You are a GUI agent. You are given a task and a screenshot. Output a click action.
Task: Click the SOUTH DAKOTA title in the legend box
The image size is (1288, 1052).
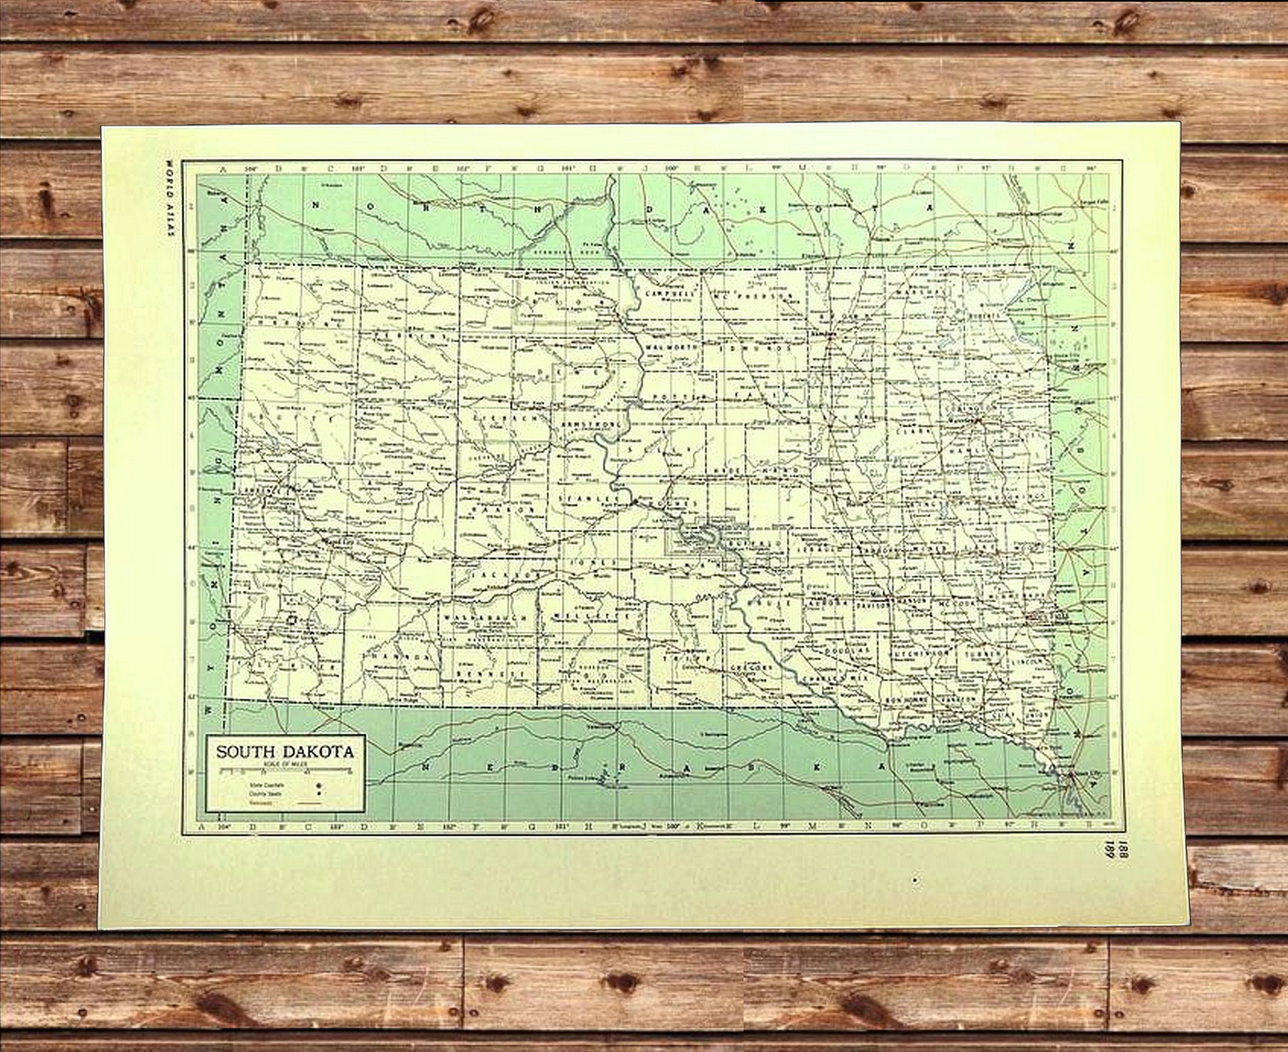[285, 752]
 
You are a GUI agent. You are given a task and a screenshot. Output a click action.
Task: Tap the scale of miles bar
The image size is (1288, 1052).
[285, 771]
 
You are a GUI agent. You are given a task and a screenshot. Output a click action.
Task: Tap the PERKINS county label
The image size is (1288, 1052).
[410, 336]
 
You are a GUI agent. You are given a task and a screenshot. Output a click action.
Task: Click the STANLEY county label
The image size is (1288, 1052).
[582, 498]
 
